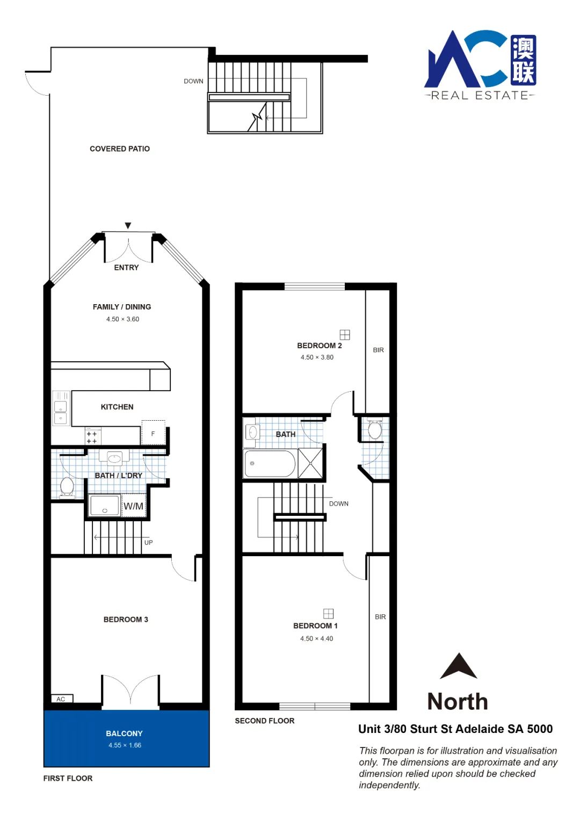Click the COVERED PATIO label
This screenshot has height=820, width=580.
coord(120,149)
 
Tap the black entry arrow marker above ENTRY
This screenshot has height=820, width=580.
coord(128,226)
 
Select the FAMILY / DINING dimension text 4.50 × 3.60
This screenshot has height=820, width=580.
coord(122,319)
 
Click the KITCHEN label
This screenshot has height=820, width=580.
coord(117,407)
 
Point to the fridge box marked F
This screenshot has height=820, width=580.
coord(154,433)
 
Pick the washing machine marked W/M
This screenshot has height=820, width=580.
coord(134,506)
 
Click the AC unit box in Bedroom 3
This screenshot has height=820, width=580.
coord(61,699)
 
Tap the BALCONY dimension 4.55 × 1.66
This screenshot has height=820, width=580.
coord(125,745)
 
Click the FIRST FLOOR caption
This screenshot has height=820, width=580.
coord(68,778)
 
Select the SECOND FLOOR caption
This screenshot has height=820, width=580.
coord(265,721)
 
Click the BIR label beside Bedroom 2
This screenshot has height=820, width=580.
coord(379,350)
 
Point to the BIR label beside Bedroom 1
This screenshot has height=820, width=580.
coord(380,617)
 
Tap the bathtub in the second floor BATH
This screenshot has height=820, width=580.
coord(270,463)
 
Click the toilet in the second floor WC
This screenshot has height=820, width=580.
coord(375,428)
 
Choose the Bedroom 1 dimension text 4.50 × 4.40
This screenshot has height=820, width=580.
coord(316,638)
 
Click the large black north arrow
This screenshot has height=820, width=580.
coord(458,666)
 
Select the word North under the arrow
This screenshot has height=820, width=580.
coord(458,701)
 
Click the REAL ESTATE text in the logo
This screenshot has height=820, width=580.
coord(480,96)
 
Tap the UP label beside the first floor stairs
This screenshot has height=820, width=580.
coord(149,543)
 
